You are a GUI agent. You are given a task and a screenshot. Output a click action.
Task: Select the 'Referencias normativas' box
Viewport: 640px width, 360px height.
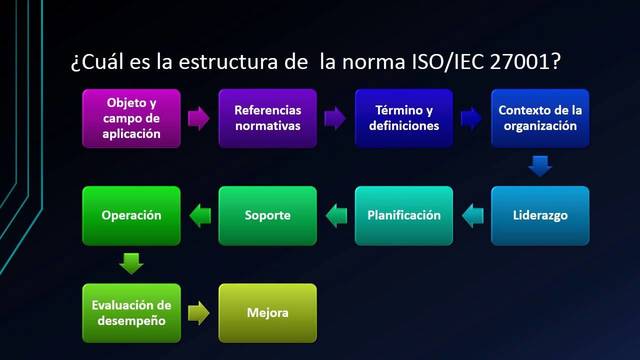[x=267, y=118]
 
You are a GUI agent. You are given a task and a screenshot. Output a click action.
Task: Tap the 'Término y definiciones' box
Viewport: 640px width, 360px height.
[x=404, y=118]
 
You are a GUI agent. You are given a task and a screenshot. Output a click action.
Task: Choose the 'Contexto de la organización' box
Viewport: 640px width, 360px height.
[x=540, y=118]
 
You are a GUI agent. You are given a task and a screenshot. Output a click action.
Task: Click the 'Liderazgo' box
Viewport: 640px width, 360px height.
[x=540, y=215]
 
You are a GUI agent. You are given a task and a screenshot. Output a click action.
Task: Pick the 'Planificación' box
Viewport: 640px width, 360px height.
[x=404, y=215]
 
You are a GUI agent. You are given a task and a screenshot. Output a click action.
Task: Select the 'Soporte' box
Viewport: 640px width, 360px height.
[x=267, y=215]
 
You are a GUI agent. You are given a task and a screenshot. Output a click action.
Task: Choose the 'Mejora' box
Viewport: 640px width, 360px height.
[x=267, y=313]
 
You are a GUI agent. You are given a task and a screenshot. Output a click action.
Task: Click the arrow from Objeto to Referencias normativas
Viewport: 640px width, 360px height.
[x=199, y=118]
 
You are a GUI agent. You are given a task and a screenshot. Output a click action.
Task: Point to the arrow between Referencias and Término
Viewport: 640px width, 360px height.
[x=335, y=118]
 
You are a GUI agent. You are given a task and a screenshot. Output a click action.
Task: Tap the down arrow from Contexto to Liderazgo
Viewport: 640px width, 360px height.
[x=540, y=166]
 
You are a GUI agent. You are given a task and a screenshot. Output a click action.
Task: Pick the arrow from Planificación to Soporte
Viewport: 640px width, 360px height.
[x=335, y=213]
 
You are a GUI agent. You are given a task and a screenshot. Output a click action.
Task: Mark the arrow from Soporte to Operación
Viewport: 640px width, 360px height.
[x=199, y=213]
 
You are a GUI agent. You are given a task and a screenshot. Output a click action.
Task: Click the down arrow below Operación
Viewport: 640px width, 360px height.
[x=131, y=264]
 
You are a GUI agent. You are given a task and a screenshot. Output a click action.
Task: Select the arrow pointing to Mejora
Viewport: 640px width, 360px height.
[x=199, y=313]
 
